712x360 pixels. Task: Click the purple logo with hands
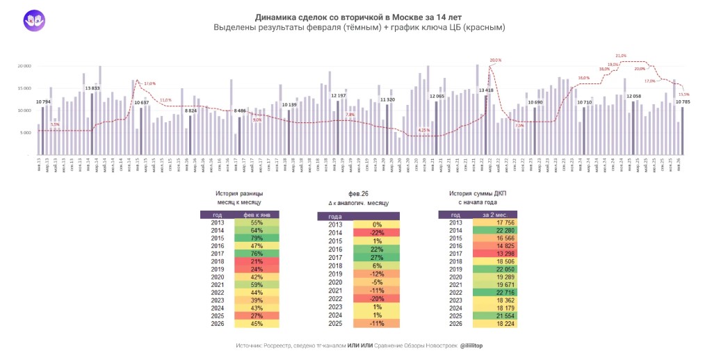tap(33, 20)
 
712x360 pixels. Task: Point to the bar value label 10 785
tap(683, 102)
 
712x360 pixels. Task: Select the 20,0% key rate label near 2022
tap(494, 60)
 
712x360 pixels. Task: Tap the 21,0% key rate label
tap(621, 56)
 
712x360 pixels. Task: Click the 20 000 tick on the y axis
tap(24, 66)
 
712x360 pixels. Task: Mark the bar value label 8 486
tap(240, 111)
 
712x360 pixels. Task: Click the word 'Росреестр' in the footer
tap(281, 345)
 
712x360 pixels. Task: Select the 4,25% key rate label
tap(424, 130)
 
